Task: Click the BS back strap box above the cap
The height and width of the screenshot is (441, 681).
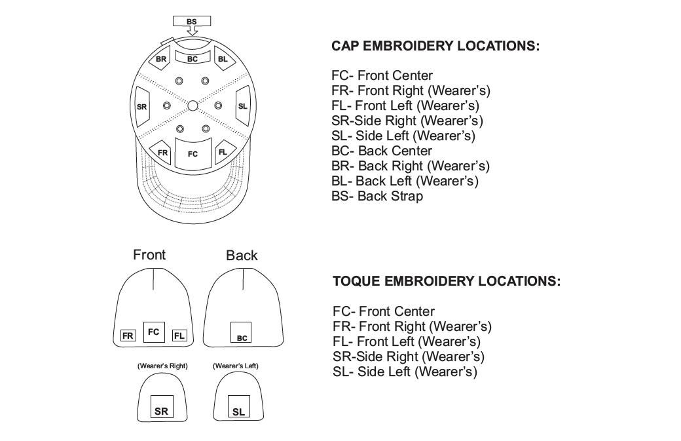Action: point(191,22)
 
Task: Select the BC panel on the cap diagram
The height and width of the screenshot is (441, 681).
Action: point(192,58)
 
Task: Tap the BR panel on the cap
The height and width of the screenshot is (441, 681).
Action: point(160,59)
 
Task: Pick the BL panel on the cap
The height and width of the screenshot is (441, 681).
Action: point(223,59)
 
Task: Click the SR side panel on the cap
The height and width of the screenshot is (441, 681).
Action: point(142,107)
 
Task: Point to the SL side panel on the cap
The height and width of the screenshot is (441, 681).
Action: point(242,106)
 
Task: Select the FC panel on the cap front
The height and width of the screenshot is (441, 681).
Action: point(193,153)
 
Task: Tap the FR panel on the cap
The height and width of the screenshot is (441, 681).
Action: point(162,153)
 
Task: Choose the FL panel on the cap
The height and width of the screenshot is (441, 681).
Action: point(223,152)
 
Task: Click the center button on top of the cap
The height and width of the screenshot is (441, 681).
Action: point(193,105)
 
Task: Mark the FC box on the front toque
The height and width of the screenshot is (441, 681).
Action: point(154,332)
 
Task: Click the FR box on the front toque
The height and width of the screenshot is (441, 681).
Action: point(128,336)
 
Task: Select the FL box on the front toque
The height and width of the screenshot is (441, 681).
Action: point(179,336)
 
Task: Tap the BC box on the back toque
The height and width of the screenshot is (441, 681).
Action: point(242,332)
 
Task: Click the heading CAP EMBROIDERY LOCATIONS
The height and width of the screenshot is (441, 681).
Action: point(435,47)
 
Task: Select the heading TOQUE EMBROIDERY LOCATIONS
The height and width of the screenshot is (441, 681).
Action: point(447,282)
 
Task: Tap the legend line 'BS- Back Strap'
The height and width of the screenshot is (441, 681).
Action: point(377,196)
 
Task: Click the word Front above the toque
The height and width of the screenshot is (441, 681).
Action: point(149,255)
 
